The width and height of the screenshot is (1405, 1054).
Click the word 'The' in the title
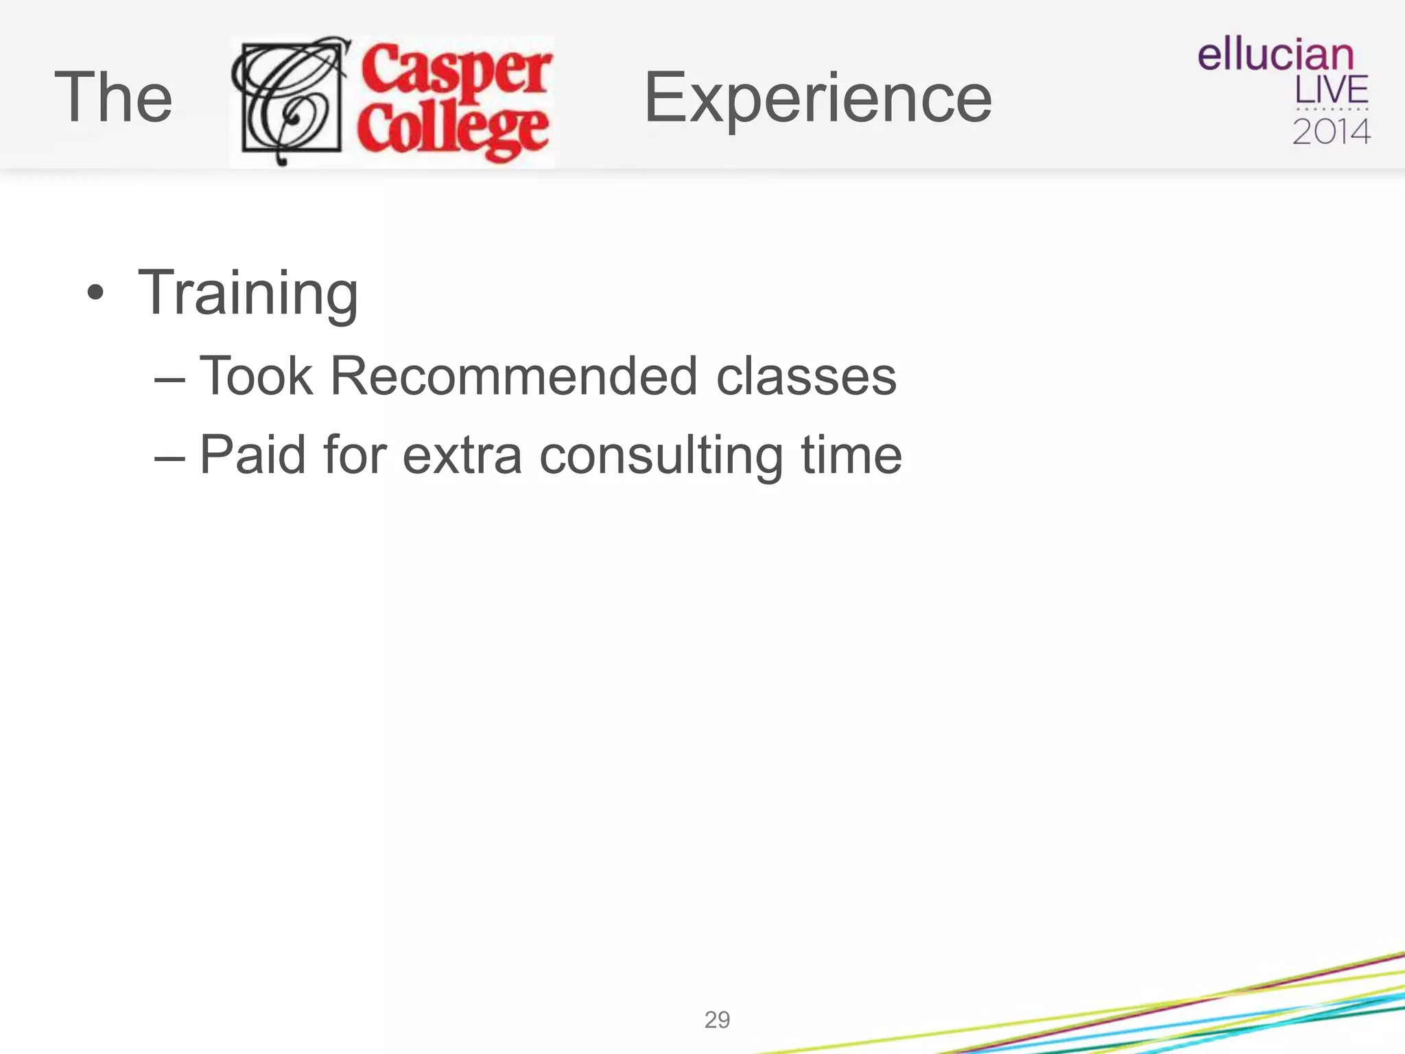113,98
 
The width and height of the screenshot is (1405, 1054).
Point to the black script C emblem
291,100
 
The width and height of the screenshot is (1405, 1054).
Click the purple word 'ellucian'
1275,55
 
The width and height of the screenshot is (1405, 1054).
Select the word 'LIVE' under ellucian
1331,90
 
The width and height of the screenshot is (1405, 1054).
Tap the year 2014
1331,132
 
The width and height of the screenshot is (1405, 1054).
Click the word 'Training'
248,294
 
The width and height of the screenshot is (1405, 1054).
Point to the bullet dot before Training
95,294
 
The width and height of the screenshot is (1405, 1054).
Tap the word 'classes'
806,377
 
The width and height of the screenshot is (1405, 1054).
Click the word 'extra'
462,456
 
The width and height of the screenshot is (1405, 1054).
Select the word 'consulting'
661,456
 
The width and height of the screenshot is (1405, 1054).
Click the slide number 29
717,1020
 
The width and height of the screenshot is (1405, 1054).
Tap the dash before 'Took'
169,379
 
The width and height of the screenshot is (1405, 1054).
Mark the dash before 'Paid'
169,457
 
